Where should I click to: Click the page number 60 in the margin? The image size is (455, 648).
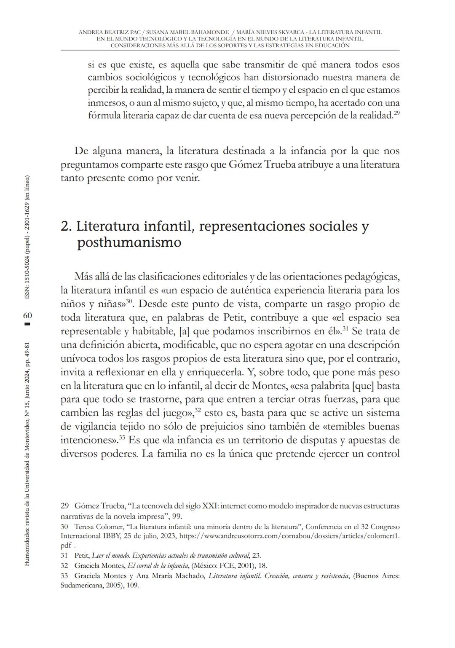pyautogui.click(x=27, y=316)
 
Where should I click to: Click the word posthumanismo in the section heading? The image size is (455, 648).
pyautogui.click(x=129, y=243)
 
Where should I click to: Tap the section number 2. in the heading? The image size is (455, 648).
pyautogui.click(x=66, y=226)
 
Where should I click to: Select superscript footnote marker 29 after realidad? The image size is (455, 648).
pyautogui.click(x=396, y=113)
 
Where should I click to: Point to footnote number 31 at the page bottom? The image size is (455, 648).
pyautogui.click(x=64, y=555)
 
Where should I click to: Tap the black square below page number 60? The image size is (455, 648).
pyautogui.click(x=27, y=324)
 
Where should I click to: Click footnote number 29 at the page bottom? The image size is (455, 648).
pyautogui.click(x=64, y=505)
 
